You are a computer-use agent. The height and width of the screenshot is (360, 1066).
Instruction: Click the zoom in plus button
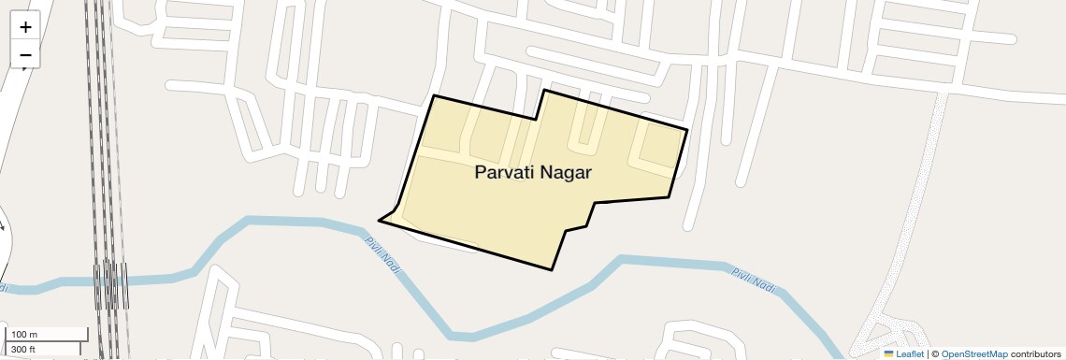point(25,27)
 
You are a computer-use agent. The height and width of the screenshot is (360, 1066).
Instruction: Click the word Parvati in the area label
point(506,172)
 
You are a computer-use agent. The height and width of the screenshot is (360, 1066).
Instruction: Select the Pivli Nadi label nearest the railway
point(382,253)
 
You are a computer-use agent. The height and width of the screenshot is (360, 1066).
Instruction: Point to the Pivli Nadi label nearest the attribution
point(754,279)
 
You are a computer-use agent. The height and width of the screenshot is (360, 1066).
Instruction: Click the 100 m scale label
point(24,335)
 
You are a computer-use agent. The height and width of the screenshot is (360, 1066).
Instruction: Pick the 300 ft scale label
point(23,349)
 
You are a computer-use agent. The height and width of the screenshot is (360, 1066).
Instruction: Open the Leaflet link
point(909,354)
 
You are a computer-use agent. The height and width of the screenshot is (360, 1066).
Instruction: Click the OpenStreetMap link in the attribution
point(974,354)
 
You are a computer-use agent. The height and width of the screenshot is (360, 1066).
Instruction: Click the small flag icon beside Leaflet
point(888,354)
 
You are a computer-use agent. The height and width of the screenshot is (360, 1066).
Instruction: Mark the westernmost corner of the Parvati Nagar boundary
point(379,221)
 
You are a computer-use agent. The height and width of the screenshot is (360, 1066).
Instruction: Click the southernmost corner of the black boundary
point(553,270)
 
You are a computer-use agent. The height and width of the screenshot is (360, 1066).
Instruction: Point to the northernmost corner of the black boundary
point(544,90)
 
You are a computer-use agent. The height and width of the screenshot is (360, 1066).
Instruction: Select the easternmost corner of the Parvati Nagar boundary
point(688,129)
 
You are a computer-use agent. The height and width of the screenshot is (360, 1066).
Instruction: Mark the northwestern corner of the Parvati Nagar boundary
point(434,95)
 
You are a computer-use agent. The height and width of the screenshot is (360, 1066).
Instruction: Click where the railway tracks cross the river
point(110,279)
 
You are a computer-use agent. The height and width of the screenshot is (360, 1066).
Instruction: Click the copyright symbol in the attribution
point(935,354)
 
